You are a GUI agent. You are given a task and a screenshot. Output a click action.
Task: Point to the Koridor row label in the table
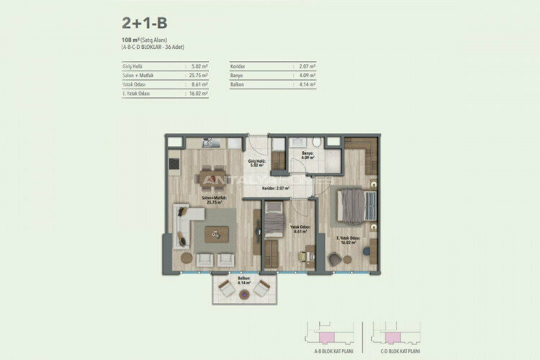click(240, 66)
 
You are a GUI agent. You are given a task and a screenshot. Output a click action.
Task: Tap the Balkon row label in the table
click(238, 84)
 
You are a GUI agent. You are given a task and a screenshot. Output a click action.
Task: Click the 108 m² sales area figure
click(131, 40)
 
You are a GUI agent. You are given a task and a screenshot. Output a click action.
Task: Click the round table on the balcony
click(243, 290)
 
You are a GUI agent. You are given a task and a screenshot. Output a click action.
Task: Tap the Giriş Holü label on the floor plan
click(256, 162)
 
